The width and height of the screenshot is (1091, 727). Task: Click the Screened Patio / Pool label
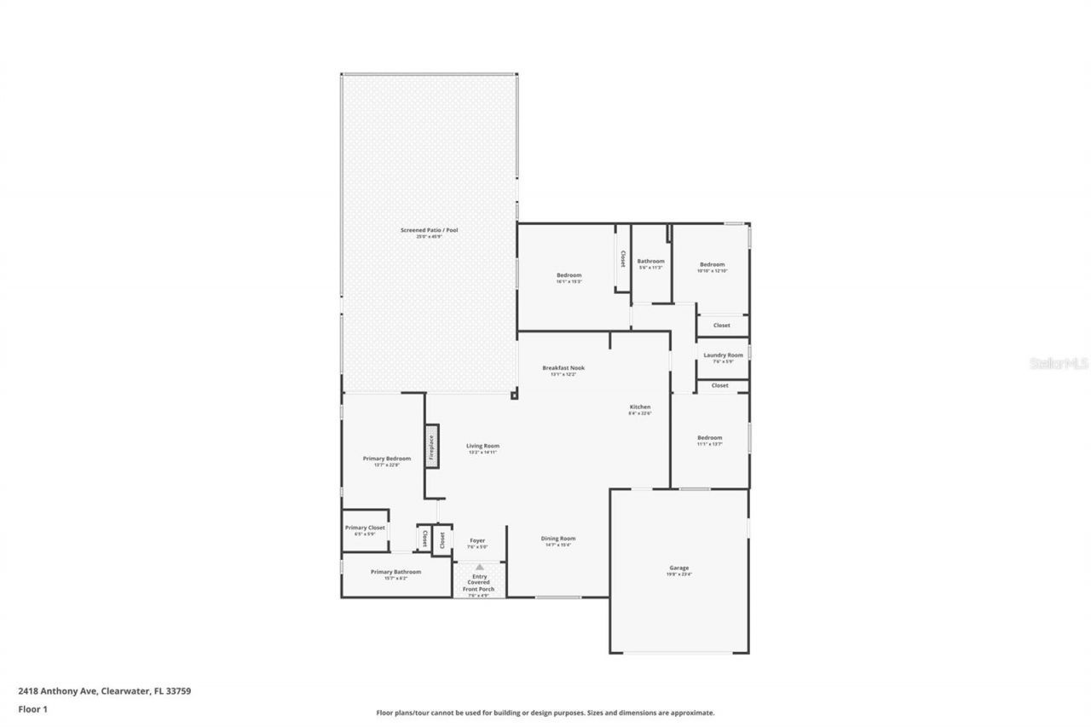click(x=430, y=230)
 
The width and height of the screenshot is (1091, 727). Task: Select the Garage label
click(x=678, y=568)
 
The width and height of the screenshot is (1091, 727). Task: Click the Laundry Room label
click(x=723, y=355)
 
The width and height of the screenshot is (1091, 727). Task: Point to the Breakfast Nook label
click(x=563, y=368)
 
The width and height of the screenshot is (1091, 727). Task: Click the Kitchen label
click(x=640, y=407)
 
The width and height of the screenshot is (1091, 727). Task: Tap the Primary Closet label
click(x=365, y=528)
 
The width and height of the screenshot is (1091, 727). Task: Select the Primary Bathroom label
click(x=395, y=572)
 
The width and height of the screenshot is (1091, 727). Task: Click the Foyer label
click(x=477, y=540)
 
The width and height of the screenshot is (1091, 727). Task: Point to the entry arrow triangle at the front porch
click(x=480, y=566)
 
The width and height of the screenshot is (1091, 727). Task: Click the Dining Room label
click(x=558, y=539)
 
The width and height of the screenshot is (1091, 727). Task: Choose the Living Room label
click(x=482, y=446)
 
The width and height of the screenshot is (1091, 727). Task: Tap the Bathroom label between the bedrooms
click(x=650, y=262)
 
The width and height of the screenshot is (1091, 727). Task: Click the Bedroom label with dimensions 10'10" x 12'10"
click(x=712, y=265)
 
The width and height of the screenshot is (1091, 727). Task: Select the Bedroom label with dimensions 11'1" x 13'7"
click(x=709, y=438)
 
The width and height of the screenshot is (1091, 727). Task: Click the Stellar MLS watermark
click(x=1059, y=363)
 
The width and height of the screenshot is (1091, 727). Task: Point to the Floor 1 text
click(x=32, y=708)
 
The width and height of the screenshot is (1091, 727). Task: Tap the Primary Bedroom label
click(x=386, y=459)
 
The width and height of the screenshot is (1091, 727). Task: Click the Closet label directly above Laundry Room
click(x=721, y=326)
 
